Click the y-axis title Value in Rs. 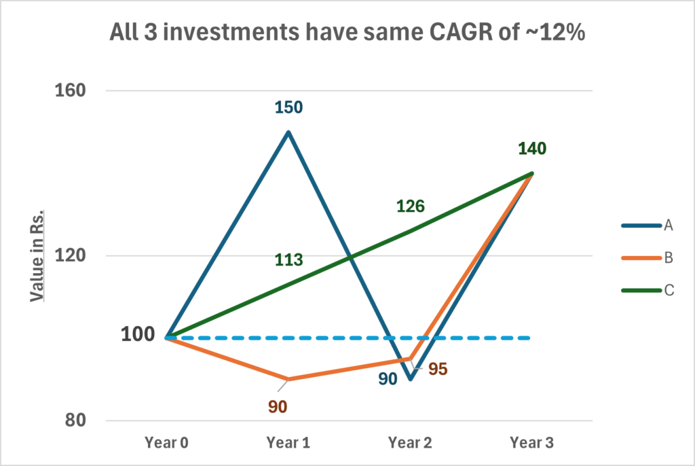[x=37, y=255]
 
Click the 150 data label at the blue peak [x=288, y=107]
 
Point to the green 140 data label [x=532, y=149]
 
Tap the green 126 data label [x=410, y=206]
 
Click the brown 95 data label [x=438, y=370]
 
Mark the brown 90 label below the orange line [x=278, y=407]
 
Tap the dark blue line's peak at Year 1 [x=288, y=132]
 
